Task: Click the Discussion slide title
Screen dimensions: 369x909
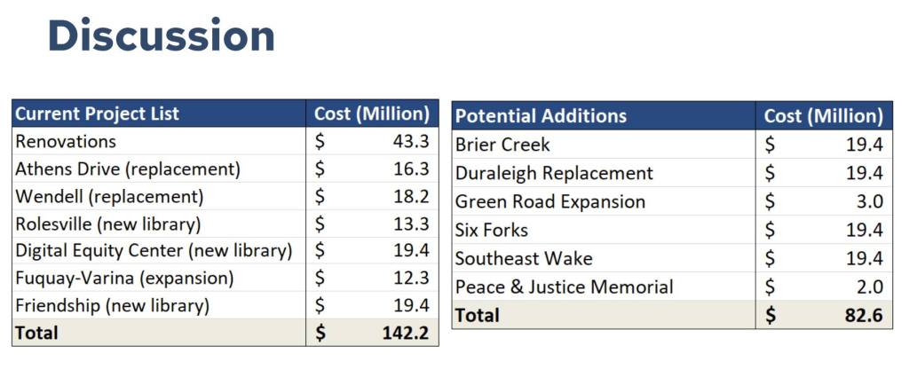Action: click(161, 37)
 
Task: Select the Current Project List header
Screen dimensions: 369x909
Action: click(97, 114)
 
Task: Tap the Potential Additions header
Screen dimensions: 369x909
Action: click(541, 116)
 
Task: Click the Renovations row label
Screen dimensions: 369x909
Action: click(66, 141)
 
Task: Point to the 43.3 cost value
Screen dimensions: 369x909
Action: click(411, 141)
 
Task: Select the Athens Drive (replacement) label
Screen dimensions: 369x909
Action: click(128, 169)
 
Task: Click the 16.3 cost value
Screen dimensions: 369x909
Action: click(411, 169)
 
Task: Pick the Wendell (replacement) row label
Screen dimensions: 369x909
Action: click(109, 196)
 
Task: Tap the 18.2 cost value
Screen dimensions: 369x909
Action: click(411, 196)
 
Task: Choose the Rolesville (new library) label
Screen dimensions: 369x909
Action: click(108, 224)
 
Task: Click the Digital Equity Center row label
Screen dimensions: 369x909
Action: click(154, 251)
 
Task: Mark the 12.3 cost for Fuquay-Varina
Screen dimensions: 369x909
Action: click(411, 279)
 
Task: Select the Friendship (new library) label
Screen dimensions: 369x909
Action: click(112, 306)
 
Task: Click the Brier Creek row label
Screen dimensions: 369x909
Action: click(502, 145)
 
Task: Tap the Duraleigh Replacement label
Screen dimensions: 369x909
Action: click(554, 173)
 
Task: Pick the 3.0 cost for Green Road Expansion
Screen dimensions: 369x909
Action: click(871, 201)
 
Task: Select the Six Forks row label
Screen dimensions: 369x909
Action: click(491, 231)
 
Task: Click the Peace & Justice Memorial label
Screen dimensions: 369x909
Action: click(564, 287)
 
